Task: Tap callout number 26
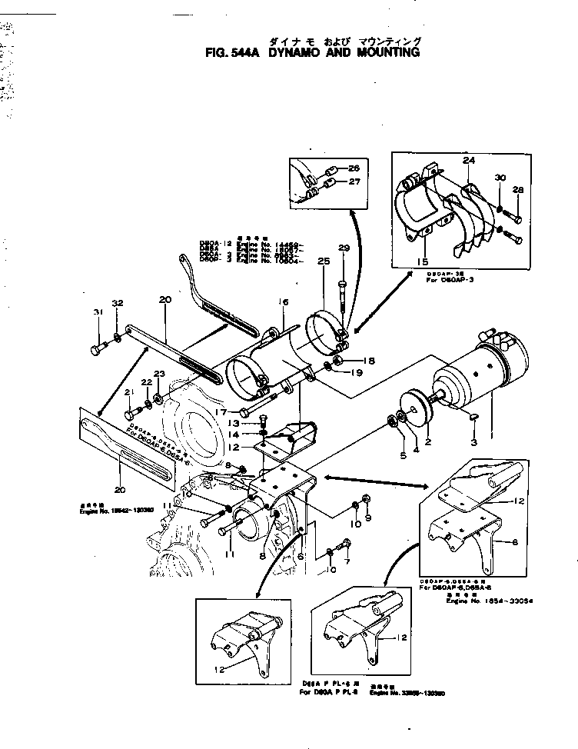354,168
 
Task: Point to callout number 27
354,182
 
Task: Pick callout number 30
500,178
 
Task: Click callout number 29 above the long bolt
344,248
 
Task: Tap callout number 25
323,263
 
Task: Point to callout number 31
98,311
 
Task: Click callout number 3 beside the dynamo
474,444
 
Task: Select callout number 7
346,563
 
